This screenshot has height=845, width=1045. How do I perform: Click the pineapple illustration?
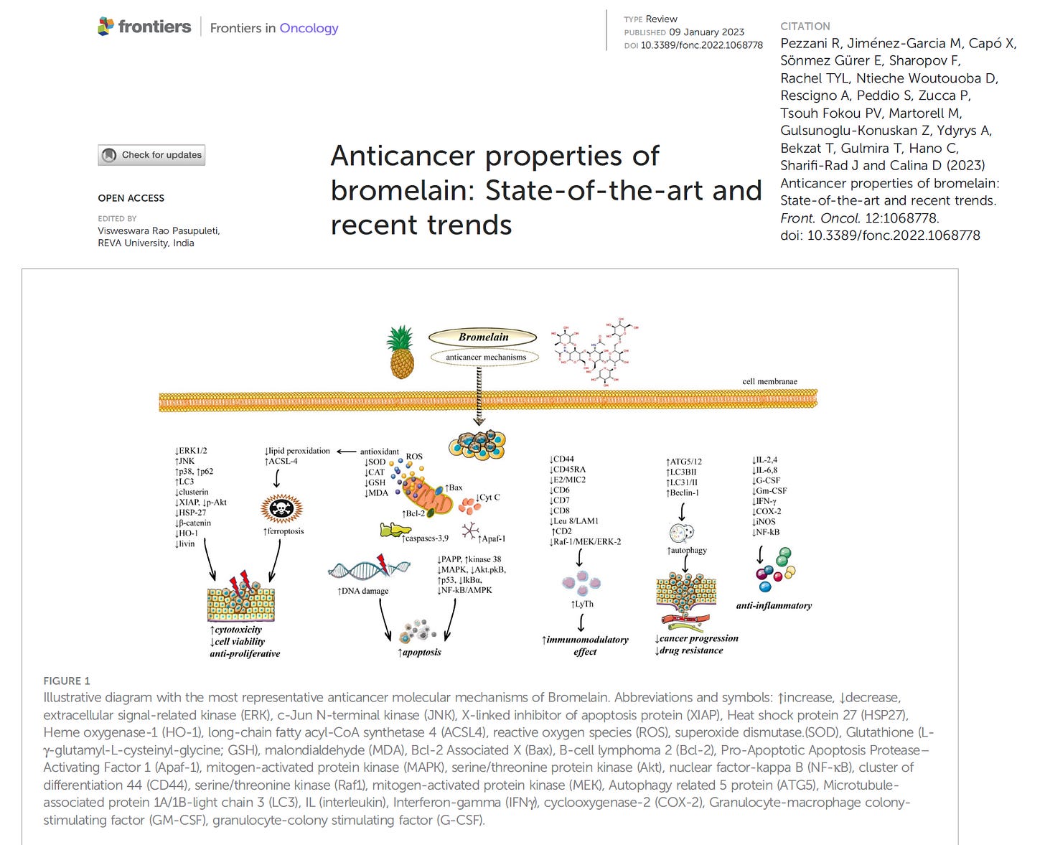tap(401, 353)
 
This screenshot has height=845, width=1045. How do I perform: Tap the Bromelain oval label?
tap(483, 337)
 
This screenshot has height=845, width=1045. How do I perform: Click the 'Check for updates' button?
tap(151, 155)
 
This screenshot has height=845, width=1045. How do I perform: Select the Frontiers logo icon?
tap(106, 27)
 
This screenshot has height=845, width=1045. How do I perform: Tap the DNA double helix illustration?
tap(368, 569)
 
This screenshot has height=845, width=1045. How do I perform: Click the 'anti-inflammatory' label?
tap(774, 605)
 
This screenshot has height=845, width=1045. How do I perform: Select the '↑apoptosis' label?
tap(420, 652)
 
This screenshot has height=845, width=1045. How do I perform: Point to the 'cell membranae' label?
tap(769, 381)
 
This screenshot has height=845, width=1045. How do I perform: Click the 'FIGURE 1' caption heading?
tap(67, 681)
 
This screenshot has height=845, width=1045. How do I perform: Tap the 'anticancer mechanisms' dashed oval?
tap(486, 357)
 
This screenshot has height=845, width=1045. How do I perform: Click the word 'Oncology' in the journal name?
tap(309, 28)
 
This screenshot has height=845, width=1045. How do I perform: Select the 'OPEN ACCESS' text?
tap(131, 198)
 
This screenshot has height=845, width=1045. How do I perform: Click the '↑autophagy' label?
tap(687, 550)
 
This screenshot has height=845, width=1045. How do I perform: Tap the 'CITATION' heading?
tap(805, 26)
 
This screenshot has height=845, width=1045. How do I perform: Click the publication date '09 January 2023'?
tap(706, 32)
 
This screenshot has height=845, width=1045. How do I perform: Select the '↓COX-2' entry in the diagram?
tap(767, 511)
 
